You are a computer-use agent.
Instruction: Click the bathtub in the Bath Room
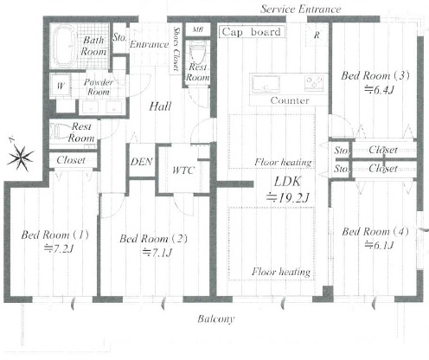tap(66, 46)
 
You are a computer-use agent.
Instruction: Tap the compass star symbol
tap(20, 156)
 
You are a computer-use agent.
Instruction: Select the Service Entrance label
tap(301, 10)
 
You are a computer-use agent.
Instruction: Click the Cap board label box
tap(253, 32)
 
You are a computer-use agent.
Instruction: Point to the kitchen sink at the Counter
tap(266, 84)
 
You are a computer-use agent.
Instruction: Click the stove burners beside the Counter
tap(314, 82)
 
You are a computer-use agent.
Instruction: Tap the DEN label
tap(141, 162)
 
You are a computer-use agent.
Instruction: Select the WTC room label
tap(183, 170)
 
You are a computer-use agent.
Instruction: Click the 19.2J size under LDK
tap(287, 197)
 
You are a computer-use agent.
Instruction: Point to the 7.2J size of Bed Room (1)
tap(58, 248)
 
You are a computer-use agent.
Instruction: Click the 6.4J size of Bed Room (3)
tap(379, 90)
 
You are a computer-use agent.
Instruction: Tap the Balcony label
tap(216, 318)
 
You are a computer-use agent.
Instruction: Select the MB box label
tap(198, 29)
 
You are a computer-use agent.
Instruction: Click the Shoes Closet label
tap(176, 48)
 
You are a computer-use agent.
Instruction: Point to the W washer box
tap(61, 85)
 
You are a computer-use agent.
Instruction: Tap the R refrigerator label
tap(317, 35)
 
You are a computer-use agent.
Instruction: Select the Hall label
tap(160, 106)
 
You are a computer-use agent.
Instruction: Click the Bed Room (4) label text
tap(375, 232)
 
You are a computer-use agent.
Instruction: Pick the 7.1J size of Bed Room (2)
tap(157, 253)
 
